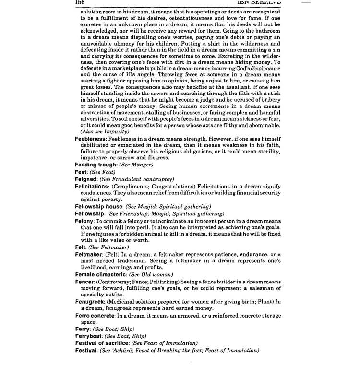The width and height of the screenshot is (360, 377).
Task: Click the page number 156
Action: [80, 3]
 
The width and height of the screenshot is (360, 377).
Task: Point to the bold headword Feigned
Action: [86, 179]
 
